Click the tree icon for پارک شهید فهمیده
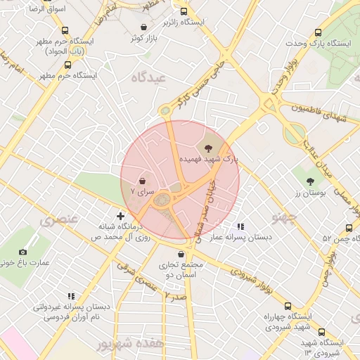coord(208,148)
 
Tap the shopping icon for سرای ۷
coord(143,180)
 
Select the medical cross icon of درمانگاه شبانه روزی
coord(121,216)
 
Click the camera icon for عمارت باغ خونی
coord(23,252)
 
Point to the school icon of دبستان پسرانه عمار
coord(240,227)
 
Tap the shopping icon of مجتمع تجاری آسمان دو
coord(182,254)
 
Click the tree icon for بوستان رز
coord(310,181)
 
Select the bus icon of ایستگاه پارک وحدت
coord(319,32)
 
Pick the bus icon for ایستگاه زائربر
coord(184,12)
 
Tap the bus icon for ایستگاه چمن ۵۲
coord(349,228)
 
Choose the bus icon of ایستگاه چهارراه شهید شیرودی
coord(288,307)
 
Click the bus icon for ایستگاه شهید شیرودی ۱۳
coord(321,332)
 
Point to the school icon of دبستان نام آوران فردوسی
coord(71,296)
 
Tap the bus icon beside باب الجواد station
coord(65,31)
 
